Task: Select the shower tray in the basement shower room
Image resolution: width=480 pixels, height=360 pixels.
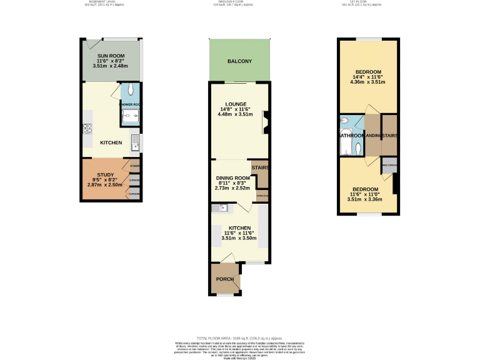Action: click(x=130, y=116)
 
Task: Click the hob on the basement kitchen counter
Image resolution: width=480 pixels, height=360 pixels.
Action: click(x=87, y=129)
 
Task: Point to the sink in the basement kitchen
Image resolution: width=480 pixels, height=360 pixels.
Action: click(x=135, y=144)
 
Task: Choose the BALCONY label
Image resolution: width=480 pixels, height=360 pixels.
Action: click(x=239, y=61)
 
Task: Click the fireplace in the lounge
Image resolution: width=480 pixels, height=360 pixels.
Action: click(x=265, y=122)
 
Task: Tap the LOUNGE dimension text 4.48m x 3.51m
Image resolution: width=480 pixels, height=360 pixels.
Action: click(x=233, y=114)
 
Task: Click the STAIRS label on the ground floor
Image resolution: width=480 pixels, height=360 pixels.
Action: click(x=259, y=167)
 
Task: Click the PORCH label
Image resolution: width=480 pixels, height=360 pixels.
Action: click(x=224, y=279)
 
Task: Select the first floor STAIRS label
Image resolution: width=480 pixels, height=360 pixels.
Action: click(x=389, y=135)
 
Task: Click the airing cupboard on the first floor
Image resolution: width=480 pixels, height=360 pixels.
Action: click(x=389, y=166)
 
